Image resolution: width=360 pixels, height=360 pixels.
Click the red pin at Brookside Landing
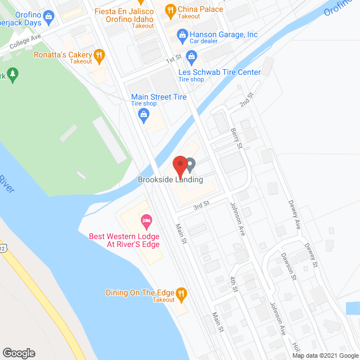[x=179, y=165]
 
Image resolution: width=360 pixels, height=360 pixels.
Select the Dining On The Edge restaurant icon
[x=181, y=292]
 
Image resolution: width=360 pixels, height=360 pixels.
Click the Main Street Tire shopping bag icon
[x=143, y=115]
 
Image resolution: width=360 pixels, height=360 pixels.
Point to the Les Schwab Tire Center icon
[x=191, y=56]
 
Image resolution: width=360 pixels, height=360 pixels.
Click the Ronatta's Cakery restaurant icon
[x=99, y=55]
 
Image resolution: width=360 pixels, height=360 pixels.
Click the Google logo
[x=19, y=353]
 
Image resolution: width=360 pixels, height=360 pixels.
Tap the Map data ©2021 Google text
[x=325, y=355]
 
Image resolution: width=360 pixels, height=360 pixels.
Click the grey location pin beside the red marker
[x=190, y=165]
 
